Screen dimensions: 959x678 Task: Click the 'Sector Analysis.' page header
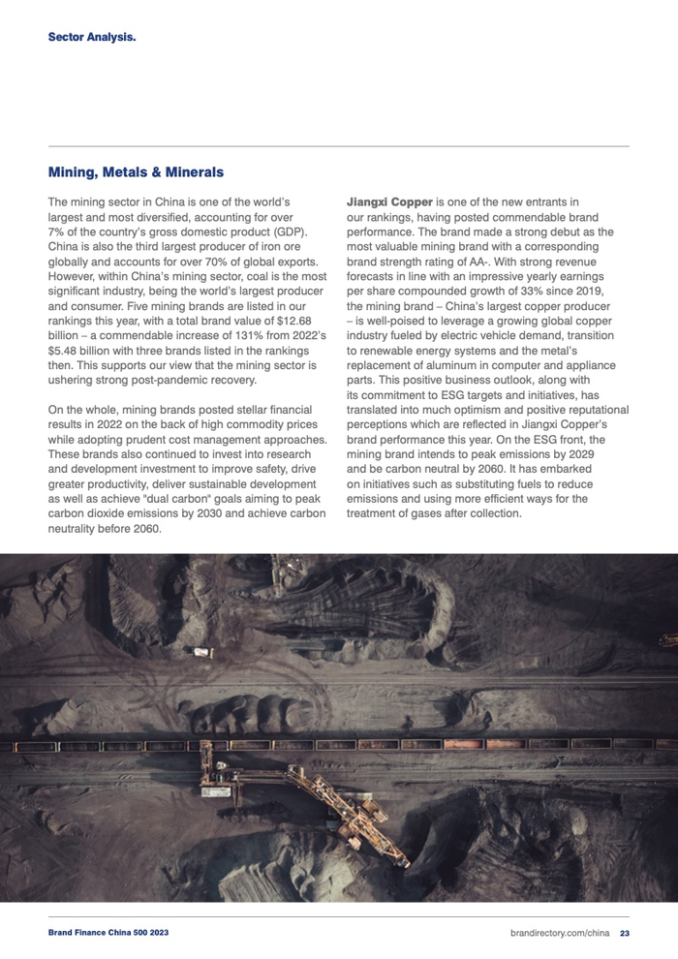pos(92,38)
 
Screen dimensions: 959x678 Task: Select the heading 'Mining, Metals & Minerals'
pos(136,171)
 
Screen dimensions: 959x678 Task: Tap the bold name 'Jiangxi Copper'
pos(389,201)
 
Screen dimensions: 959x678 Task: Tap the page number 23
pos(625,934)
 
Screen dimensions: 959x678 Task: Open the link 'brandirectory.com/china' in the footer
pos(559,934)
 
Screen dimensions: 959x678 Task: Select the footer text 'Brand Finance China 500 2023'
pos(108,934)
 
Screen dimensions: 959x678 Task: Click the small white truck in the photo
pos(202,652)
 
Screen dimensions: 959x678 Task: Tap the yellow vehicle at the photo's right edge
pos(668,640)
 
